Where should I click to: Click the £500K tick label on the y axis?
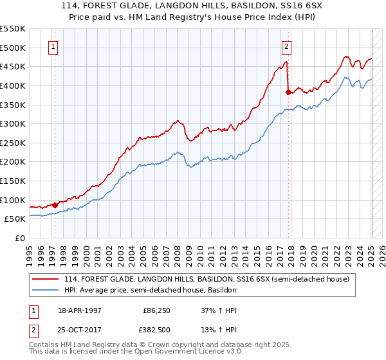point(13,48)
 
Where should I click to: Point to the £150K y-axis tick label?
point(13,181)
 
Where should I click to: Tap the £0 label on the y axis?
point(20,238)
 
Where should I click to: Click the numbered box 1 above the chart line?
point(53,46)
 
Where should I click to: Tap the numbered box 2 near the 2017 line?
point(286,46)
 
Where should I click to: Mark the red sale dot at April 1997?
point(55,205)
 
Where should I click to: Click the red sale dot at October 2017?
point(288,92)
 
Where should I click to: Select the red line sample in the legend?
point(45,279)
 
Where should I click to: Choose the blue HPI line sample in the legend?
point(45,290)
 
